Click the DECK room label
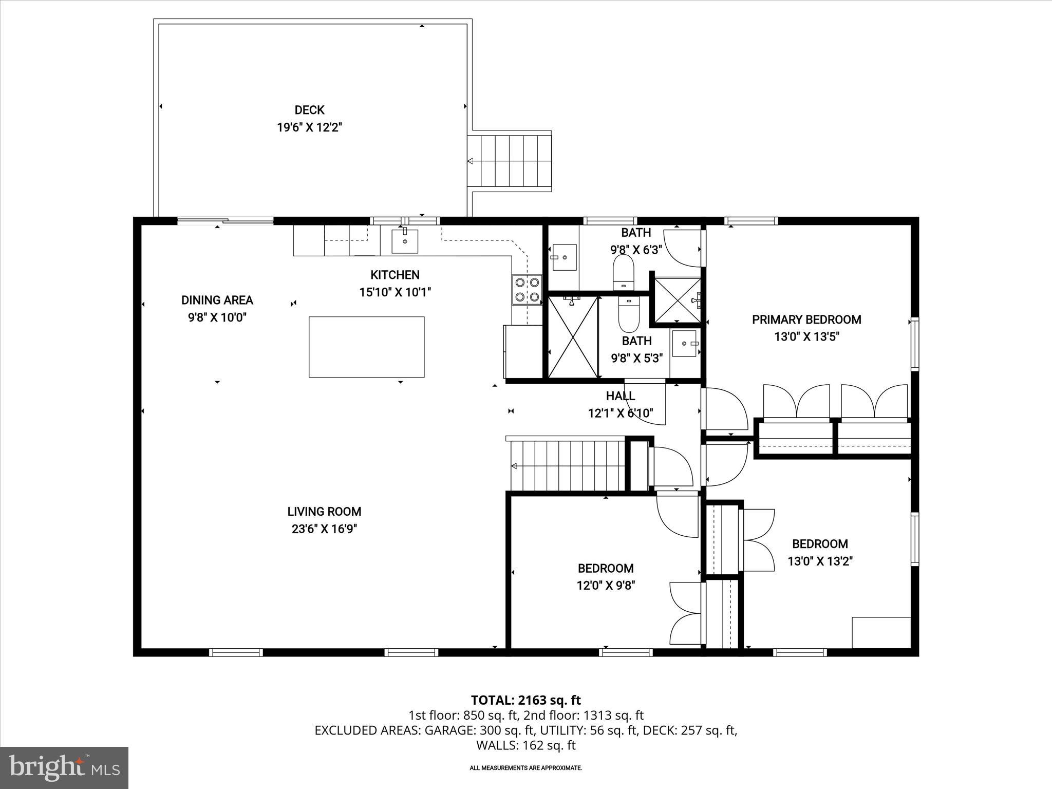pyautogui.click(x=309, y=110)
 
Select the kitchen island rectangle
pyautogui.click(x=366, y=347)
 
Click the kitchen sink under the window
pyautogui.click(x=405, y=241)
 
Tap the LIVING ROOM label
pyautogui.click(x=324, y=512)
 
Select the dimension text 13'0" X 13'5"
pyautogui.click(x=806, y=337)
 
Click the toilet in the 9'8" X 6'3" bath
pyautogui.click(x=624, y=272)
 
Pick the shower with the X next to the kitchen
pyautogui.click(x=573, y=336)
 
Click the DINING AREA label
pyautogui.click(x=217, y=300)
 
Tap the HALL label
pyautogui.click(x=621, y=396)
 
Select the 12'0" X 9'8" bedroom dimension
pyautogui.click(x=606, y=586)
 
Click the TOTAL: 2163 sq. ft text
pyautogui.click(x=525, y=700)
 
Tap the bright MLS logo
pyautogui.click(x=64, y=768)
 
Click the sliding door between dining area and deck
pyautogui.click(x=225, y=221)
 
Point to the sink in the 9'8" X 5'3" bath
pyautogui.click(x=685, y=343)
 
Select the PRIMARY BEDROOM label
pyautogui.click(x=806, y=320)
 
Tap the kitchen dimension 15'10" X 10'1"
pyautogui.click(x=394, y=292)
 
